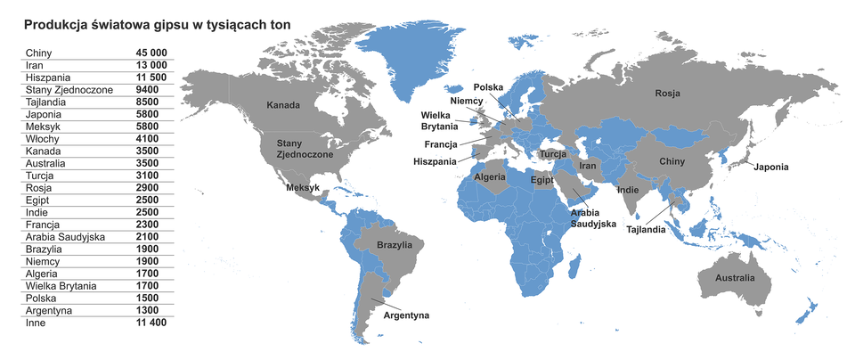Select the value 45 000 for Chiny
click(149, 53)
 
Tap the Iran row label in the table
click(37, 66)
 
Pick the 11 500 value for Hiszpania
click(149, 78)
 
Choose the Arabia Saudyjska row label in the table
click(66, 237)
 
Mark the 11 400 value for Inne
click(149, 323)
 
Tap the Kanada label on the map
click(283, 105)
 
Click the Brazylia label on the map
click(395, 244)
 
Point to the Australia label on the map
click(735, 278)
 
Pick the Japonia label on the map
click(770, 168)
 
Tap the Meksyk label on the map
click(302, 188)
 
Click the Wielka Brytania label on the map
click(440, 121)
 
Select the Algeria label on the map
click(490, 177)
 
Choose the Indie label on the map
click(627, 190)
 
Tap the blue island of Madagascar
click(581, 266)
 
